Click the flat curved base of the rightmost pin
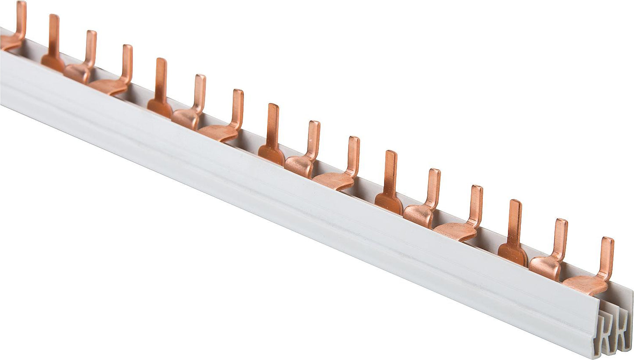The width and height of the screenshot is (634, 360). tap(586, 285)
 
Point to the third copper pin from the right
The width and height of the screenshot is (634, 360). tap(514, 228)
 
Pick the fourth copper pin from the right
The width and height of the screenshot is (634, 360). tap(474, 210)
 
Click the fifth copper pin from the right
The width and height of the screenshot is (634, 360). tap(432, 193)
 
